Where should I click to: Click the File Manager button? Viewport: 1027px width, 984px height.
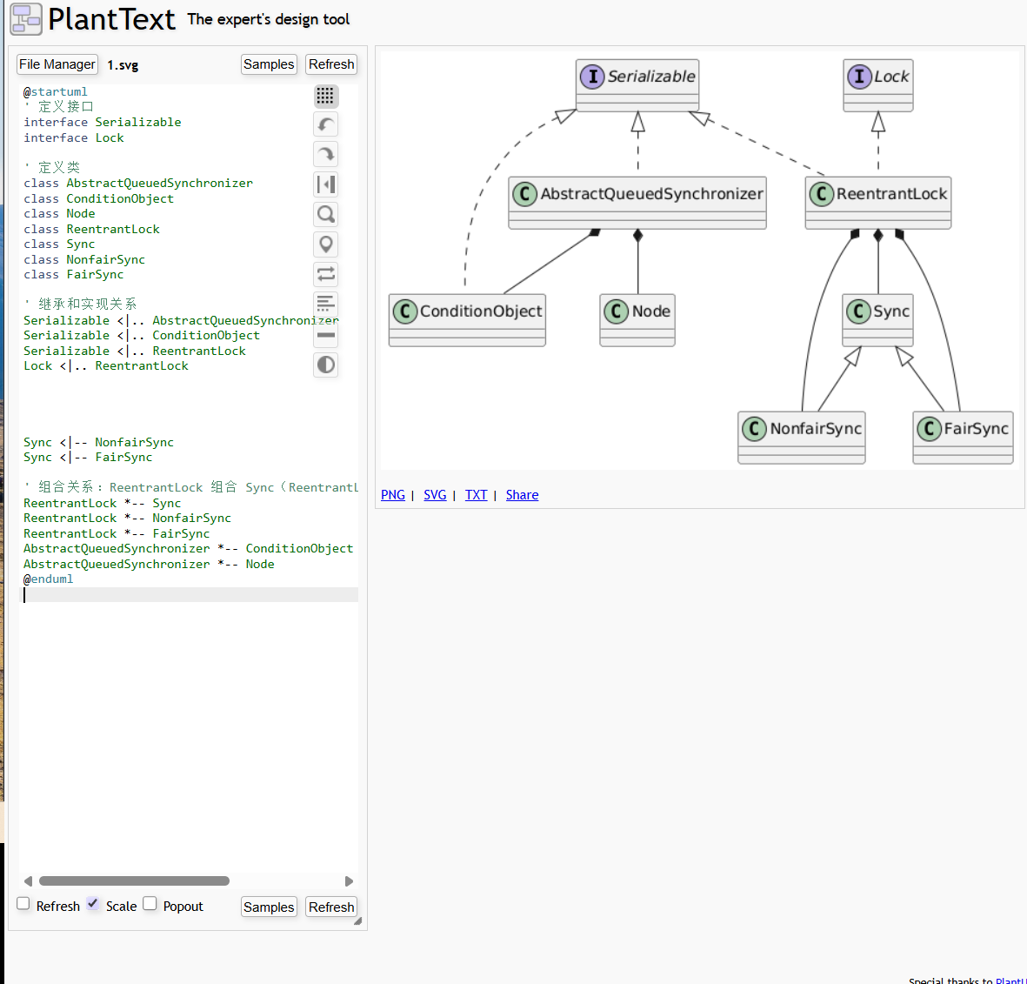click(x=57, y=64)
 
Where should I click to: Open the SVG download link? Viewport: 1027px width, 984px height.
click(x=435, y=495)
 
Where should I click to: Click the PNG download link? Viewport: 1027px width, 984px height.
click(x=393, y=495)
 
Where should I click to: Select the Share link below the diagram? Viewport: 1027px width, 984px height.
click(x=522, y=495)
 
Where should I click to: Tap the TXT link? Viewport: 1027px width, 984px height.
click(x=476, y=495)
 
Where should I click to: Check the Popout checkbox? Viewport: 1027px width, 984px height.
click(x=150, y=904)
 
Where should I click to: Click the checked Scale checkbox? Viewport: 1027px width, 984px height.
click(x=93, y=904)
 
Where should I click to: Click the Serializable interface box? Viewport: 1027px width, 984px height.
click(x=637, y=85)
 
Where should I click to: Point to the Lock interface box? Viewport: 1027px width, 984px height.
click(x=878, y=85)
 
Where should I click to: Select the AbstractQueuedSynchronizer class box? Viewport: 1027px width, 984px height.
click(x=637, y=203)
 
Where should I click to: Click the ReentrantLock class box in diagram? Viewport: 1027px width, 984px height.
click(x=878, y=203)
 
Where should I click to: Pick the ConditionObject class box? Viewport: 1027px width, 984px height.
click(x=467, y=320)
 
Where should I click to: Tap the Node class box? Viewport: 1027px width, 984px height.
click(x=637, y=320)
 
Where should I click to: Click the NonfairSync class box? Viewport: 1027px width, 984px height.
click(x=802, y=438)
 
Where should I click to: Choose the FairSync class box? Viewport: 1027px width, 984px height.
click(x=963, y=438)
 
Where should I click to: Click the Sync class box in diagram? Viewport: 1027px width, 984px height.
click(x=878, y=320)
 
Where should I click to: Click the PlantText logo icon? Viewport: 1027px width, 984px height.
click(x=26, y=19)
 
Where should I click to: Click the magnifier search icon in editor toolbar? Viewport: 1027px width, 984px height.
click(x=326, y=214)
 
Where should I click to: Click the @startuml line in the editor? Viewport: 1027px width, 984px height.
click(x=56, y=91)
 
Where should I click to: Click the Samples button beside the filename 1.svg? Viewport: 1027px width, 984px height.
click(x=269, y=64)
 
